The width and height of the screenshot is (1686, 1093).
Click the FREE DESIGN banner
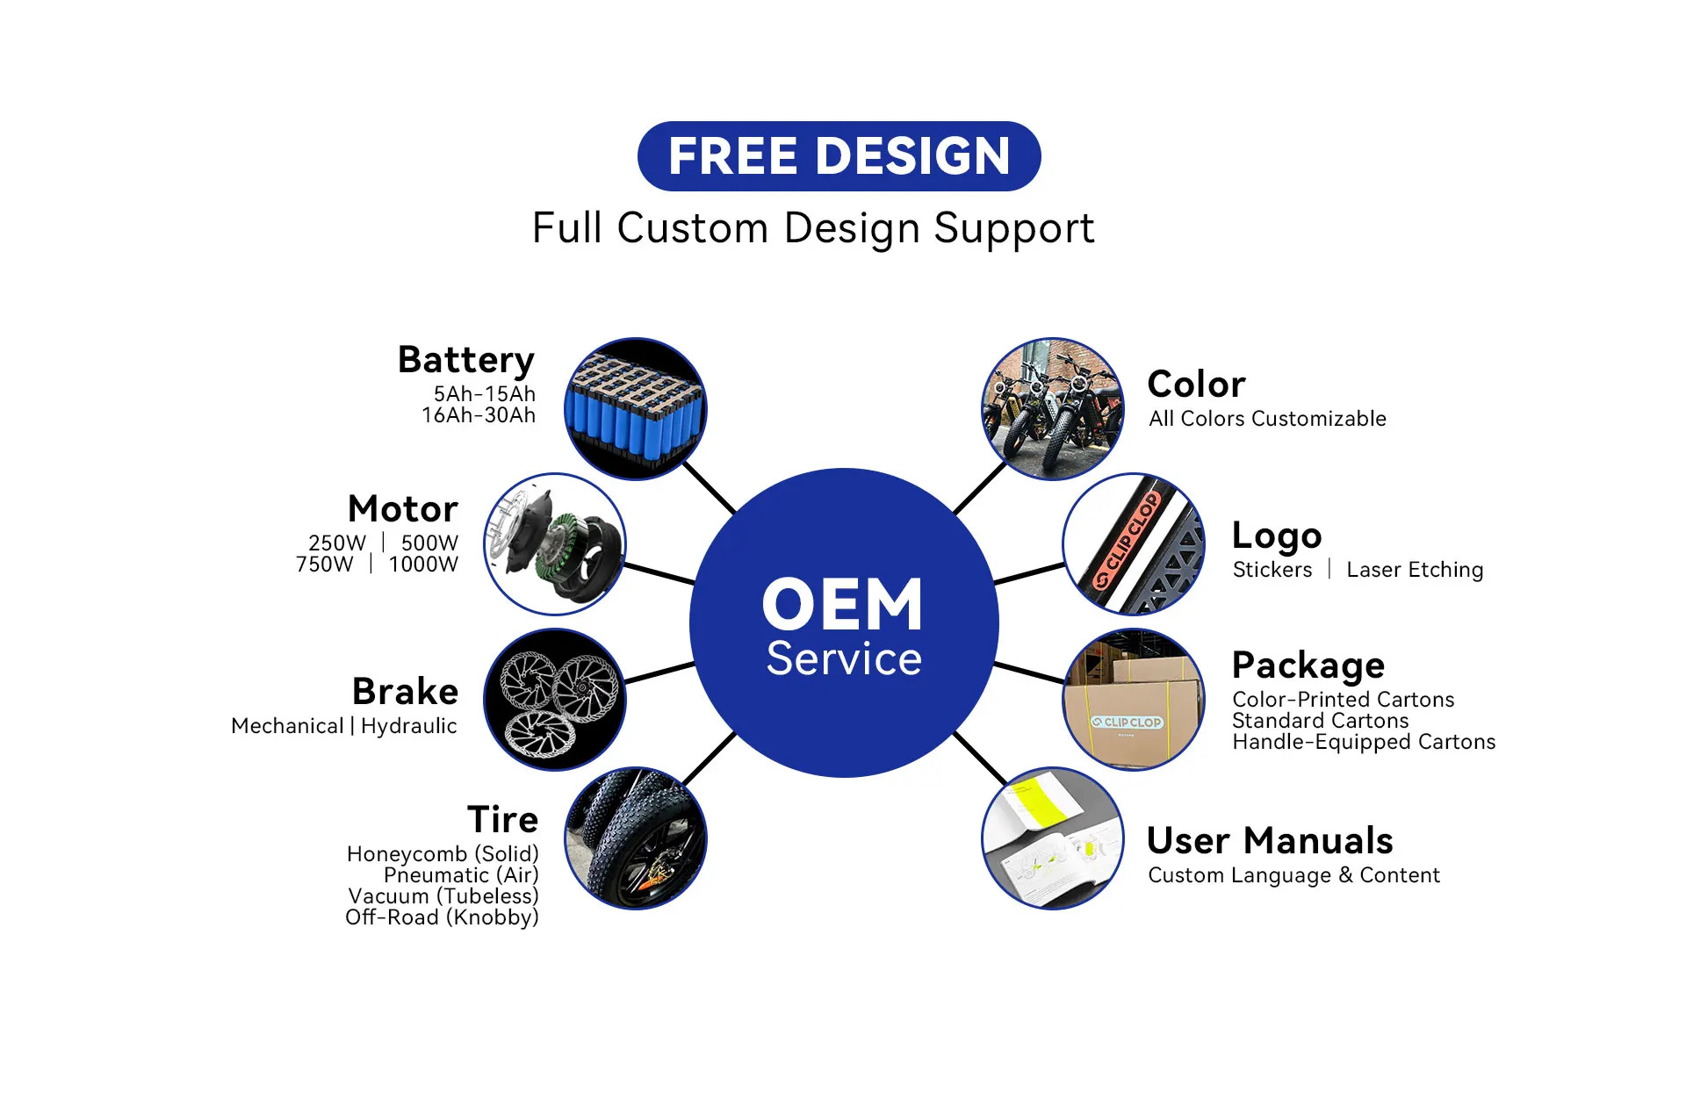[x=839, y=156]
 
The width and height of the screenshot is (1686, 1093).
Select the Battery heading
[x=466, y=361]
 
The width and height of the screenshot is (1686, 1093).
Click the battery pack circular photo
[x=635, y=408]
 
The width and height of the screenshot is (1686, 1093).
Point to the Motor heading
[x=403, y=509]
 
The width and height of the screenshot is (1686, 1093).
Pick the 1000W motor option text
[x=423, y=564]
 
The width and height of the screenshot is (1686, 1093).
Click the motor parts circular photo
[x=555, y=544]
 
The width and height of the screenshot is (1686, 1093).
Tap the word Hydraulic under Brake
[x=409, y=727]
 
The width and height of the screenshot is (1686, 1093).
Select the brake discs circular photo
[x=555, y=700]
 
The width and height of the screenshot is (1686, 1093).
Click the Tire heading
[x=503, y=819]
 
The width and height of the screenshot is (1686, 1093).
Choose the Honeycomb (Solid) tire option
[x=443, y=854]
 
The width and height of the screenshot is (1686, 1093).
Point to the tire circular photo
[x=635, y=838]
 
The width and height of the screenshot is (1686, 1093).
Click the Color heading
[x=1196, y=385]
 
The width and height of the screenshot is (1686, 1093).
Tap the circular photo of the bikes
[x=1053, y=409]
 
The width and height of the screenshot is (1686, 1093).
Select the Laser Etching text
[x=1415, y=570]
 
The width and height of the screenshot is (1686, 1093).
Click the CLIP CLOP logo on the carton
[x=1127, y=723]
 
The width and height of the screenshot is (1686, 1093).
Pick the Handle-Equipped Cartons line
[x=1364, y=743]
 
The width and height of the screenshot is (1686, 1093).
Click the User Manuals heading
[x=1270, y=841]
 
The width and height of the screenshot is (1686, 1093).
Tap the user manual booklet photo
[x=1053, y=838]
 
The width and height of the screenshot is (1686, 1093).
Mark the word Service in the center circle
[x=844, y=658]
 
